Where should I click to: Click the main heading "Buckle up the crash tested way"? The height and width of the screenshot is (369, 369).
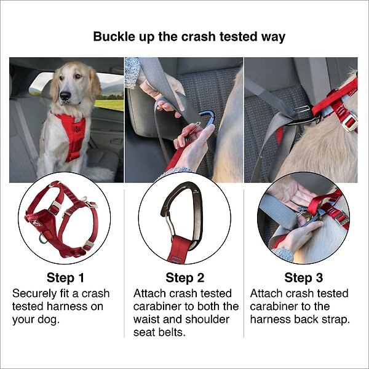[189, 36]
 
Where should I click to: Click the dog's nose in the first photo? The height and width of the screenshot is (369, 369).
[65, 96]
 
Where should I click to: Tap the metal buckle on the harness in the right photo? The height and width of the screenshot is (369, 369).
[349, 123]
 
